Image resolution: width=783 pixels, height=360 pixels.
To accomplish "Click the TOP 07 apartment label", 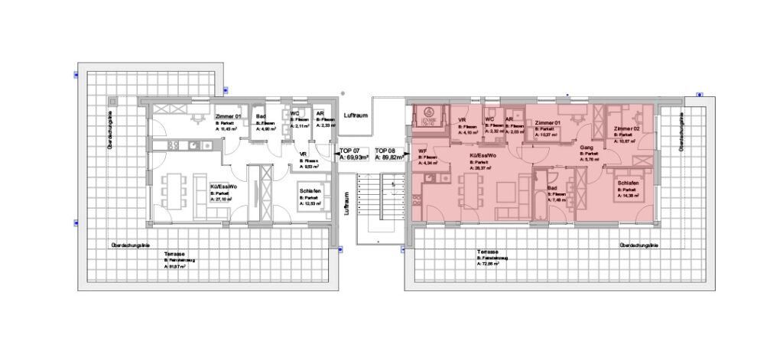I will [350, 151].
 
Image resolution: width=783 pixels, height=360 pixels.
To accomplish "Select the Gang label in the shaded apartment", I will [587, 147].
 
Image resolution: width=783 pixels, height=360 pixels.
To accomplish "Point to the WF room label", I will [422, 151].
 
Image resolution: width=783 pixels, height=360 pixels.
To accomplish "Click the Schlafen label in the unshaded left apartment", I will [310, 190].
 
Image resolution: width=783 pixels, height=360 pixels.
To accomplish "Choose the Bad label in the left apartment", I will [260, 116].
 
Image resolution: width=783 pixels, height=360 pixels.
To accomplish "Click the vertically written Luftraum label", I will [346, 204].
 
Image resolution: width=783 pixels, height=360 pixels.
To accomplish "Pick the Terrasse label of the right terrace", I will [487, 253].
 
